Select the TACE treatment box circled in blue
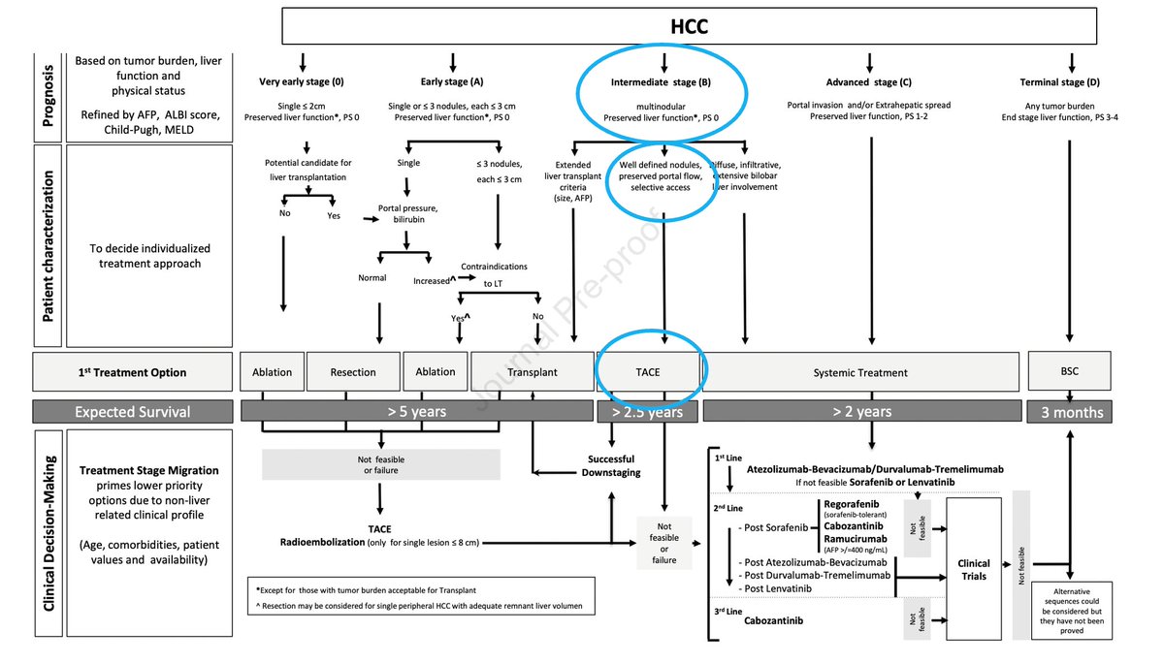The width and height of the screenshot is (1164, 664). (648, 372)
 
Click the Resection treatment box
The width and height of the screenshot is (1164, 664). (352, 372)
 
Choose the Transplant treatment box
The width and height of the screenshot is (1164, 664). (533, 372)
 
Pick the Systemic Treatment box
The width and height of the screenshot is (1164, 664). (859, 372)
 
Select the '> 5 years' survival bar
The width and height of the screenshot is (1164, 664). (416, 412)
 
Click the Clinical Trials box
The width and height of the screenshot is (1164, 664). (974, 569)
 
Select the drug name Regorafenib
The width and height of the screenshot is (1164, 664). (854, 505)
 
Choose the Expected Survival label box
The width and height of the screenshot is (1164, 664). (133, 412)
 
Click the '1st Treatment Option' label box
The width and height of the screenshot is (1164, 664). (133, 372)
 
